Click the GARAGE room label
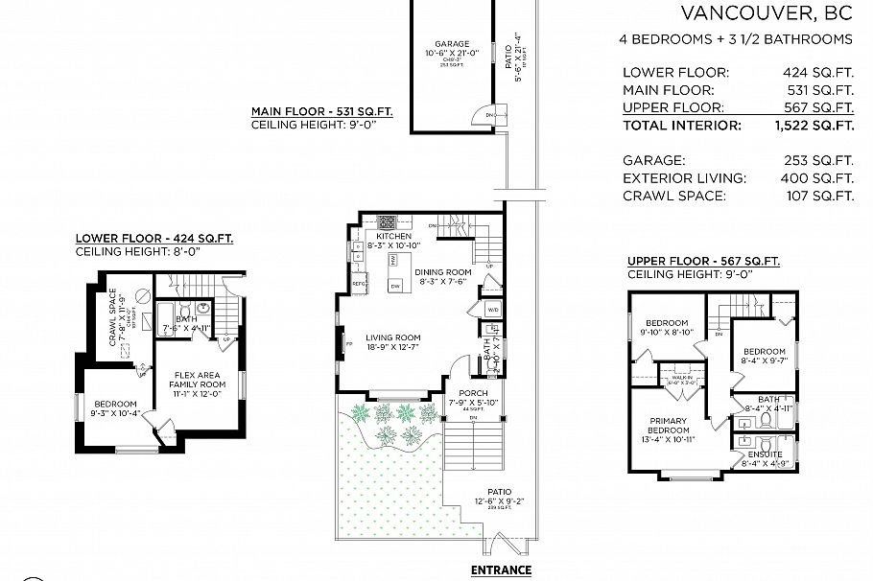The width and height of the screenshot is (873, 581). pyautogui.click(x=452, y=44)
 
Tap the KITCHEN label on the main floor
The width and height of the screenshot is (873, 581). pyautogui.click(x=393, y=236)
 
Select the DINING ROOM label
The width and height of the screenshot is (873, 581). pyautogui.click(x=443, y=272)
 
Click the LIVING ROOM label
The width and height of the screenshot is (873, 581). pyautogui.click(x=393, y=337)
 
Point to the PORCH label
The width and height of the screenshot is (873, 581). pyautogui.click(x=473, y=394)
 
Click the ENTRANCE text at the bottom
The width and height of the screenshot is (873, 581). pyautogui.click(x=501, y=570)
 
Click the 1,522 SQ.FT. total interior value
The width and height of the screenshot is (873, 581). pyautogui.click(x=814, y=126)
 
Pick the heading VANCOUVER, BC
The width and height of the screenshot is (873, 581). pyautogui.click(x=766, y=13)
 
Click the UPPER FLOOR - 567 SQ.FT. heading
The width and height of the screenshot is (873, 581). pyautogui.click(x=703, y=261)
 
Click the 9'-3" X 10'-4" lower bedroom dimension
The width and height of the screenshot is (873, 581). pyautogui.click(x=115, y=414)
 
